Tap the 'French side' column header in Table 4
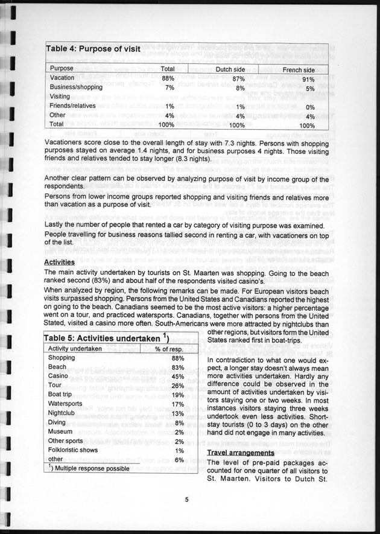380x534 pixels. pos(300,69)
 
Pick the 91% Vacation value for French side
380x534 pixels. pos(308,78)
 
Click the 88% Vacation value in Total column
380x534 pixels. pos(168,78)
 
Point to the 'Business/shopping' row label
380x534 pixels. pos(76,87)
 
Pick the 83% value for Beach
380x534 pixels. pos(177,367)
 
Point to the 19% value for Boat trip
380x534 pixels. pos(177,395)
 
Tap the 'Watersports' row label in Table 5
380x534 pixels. pos(66,404)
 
